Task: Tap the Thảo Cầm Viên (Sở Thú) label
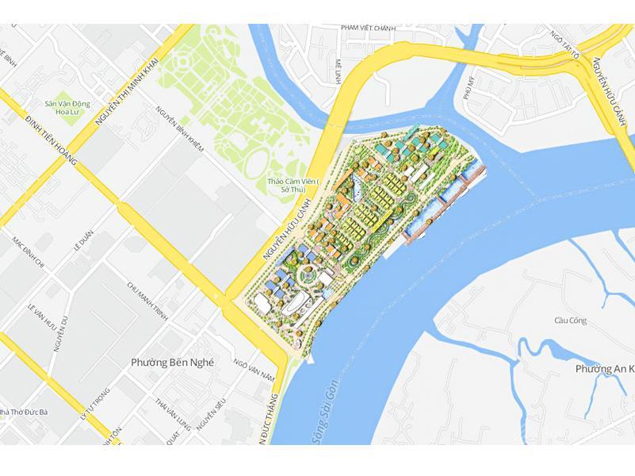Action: tap(293, 185)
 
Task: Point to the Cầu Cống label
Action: tap(570, 321)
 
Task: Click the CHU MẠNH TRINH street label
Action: tap(149, 301)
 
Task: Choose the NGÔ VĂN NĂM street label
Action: tap(254, 368)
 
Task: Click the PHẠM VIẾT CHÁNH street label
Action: tap(369, 29)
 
